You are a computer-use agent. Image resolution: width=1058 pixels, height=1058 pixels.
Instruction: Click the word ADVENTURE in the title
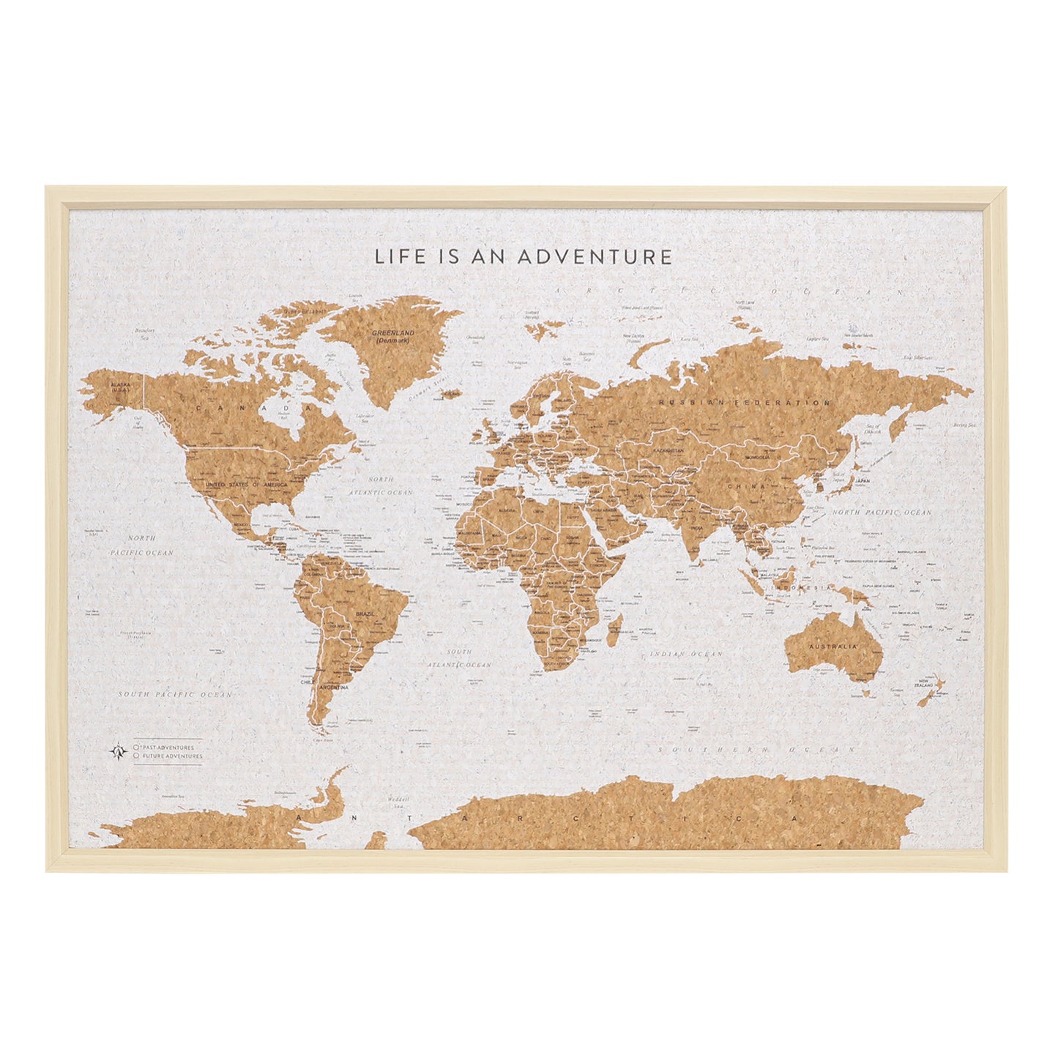pos(595,257)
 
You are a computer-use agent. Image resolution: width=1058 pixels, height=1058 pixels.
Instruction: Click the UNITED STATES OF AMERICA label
pos(247,485)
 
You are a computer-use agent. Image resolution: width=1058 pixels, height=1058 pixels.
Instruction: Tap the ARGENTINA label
pos(333,688)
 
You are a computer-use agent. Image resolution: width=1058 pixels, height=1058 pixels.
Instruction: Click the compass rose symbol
pos(117,751)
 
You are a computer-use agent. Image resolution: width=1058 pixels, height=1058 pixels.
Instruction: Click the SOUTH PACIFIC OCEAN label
pos(176,694)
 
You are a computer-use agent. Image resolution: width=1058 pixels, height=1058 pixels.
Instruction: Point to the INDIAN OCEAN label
pos(686,654)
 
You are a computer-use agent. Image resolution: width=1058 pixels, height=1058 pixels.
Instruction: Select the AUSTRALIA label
pos(832,647)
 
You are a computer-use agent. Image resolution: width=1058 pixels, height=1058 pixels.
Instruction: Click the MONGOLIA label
pos(758,458)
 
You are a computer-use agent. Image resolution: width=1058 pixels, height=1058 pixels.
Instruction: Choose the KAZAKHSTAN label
pos(668,451)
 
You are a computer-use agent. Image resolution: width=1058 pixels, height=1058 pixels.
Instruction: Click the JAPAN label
pos(863,481)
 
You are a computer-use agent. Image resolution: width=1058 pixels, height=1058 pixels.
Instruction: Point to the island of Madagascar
pos(616,632)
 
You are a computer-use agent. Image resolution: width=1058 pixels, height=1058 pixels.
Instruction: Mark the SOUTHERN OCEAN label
pos(756,750)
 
